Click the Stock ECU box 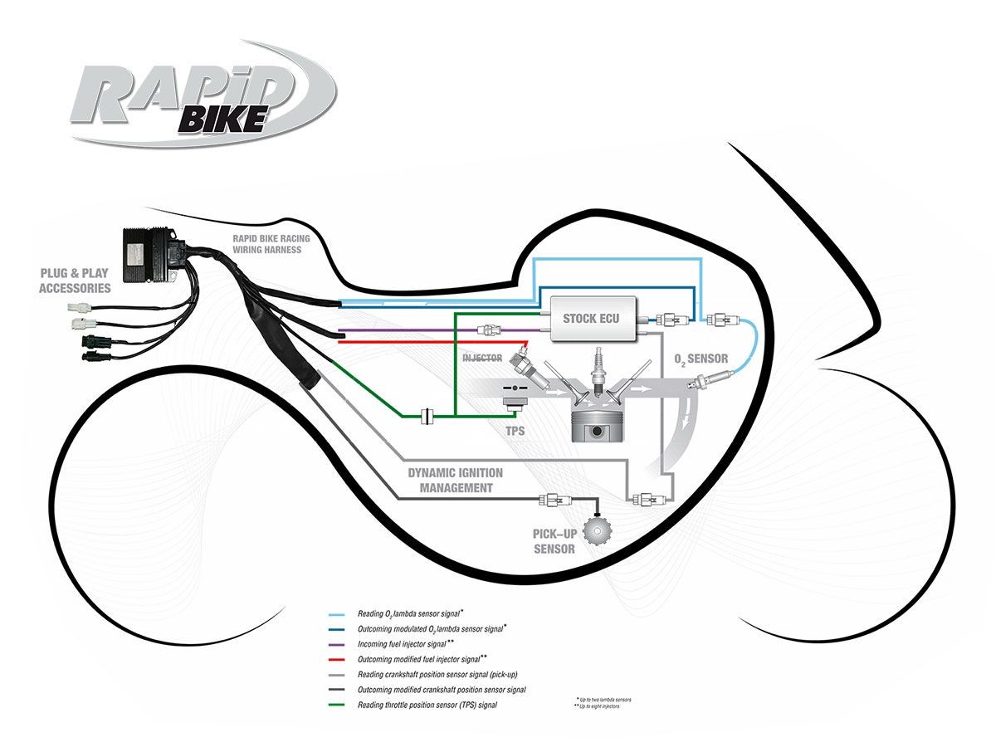click(x=590, y=317)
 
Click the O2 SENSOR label click(x=701, y=359)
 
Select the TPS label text click(x=515, y=432)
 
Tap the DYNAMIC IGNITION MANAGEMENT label click(x=455, y=481)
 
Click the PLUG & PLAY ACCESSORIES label click(x=75, y=281)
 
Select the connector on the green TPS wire click(x=429, y=415)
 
